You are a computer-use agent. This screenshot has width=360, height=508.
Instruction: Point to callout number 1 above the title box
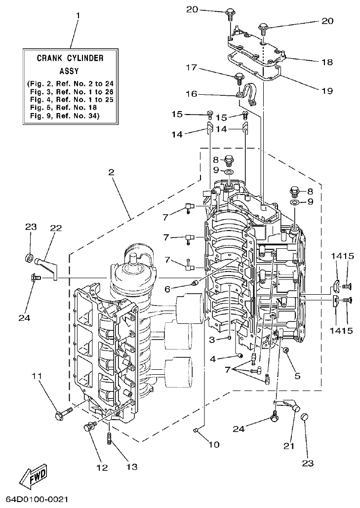(x=77, y=15)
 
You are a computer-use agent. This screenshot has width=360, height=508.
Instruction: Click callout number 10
(x=213, y=444)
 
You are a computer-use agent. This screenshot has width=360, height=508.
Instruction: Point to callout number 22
(x=55, y=228)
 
